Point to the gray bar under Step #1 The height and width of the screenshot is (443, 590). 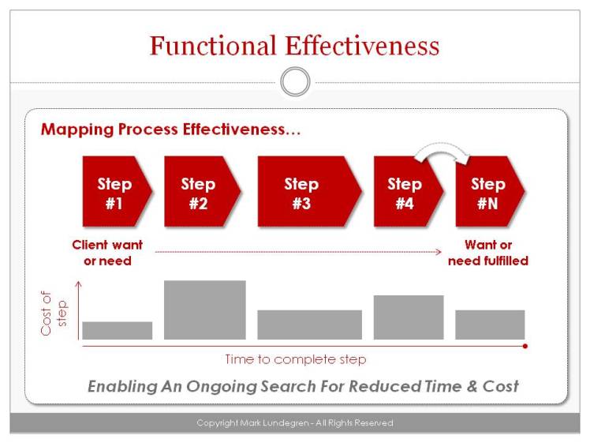click(117, 330)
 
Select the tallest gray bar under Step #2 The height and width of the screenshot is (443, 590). click(204, 310)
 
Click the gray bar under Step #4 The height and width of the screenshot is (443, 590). click(408, 317)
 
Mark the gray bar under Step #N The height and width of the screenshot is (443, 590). click(490, 325)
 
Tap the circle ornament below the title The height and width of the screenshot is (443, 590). click(295, 81)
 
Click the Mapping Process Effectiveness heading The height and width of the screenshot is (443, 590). click(170, 130)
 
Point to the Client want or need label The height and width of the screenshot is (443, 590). click(107, 253)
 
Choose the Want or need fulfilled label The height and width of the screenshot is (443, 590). click(487, 253)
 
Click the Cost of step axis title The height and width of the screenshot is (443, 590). click(56, 311)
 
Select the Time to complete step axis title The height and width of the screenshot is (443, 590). click(295, 359)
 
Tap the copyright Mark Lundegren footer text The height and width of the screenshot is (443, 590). click(295, 423)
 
